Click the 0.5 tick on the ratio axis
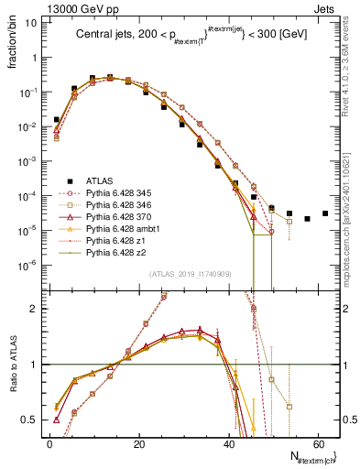[30, 420]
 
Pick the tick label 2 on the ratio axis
[34, 309]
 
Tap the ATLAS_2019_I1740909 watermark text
[191, 274]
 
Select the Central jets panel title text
[191, 37]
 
